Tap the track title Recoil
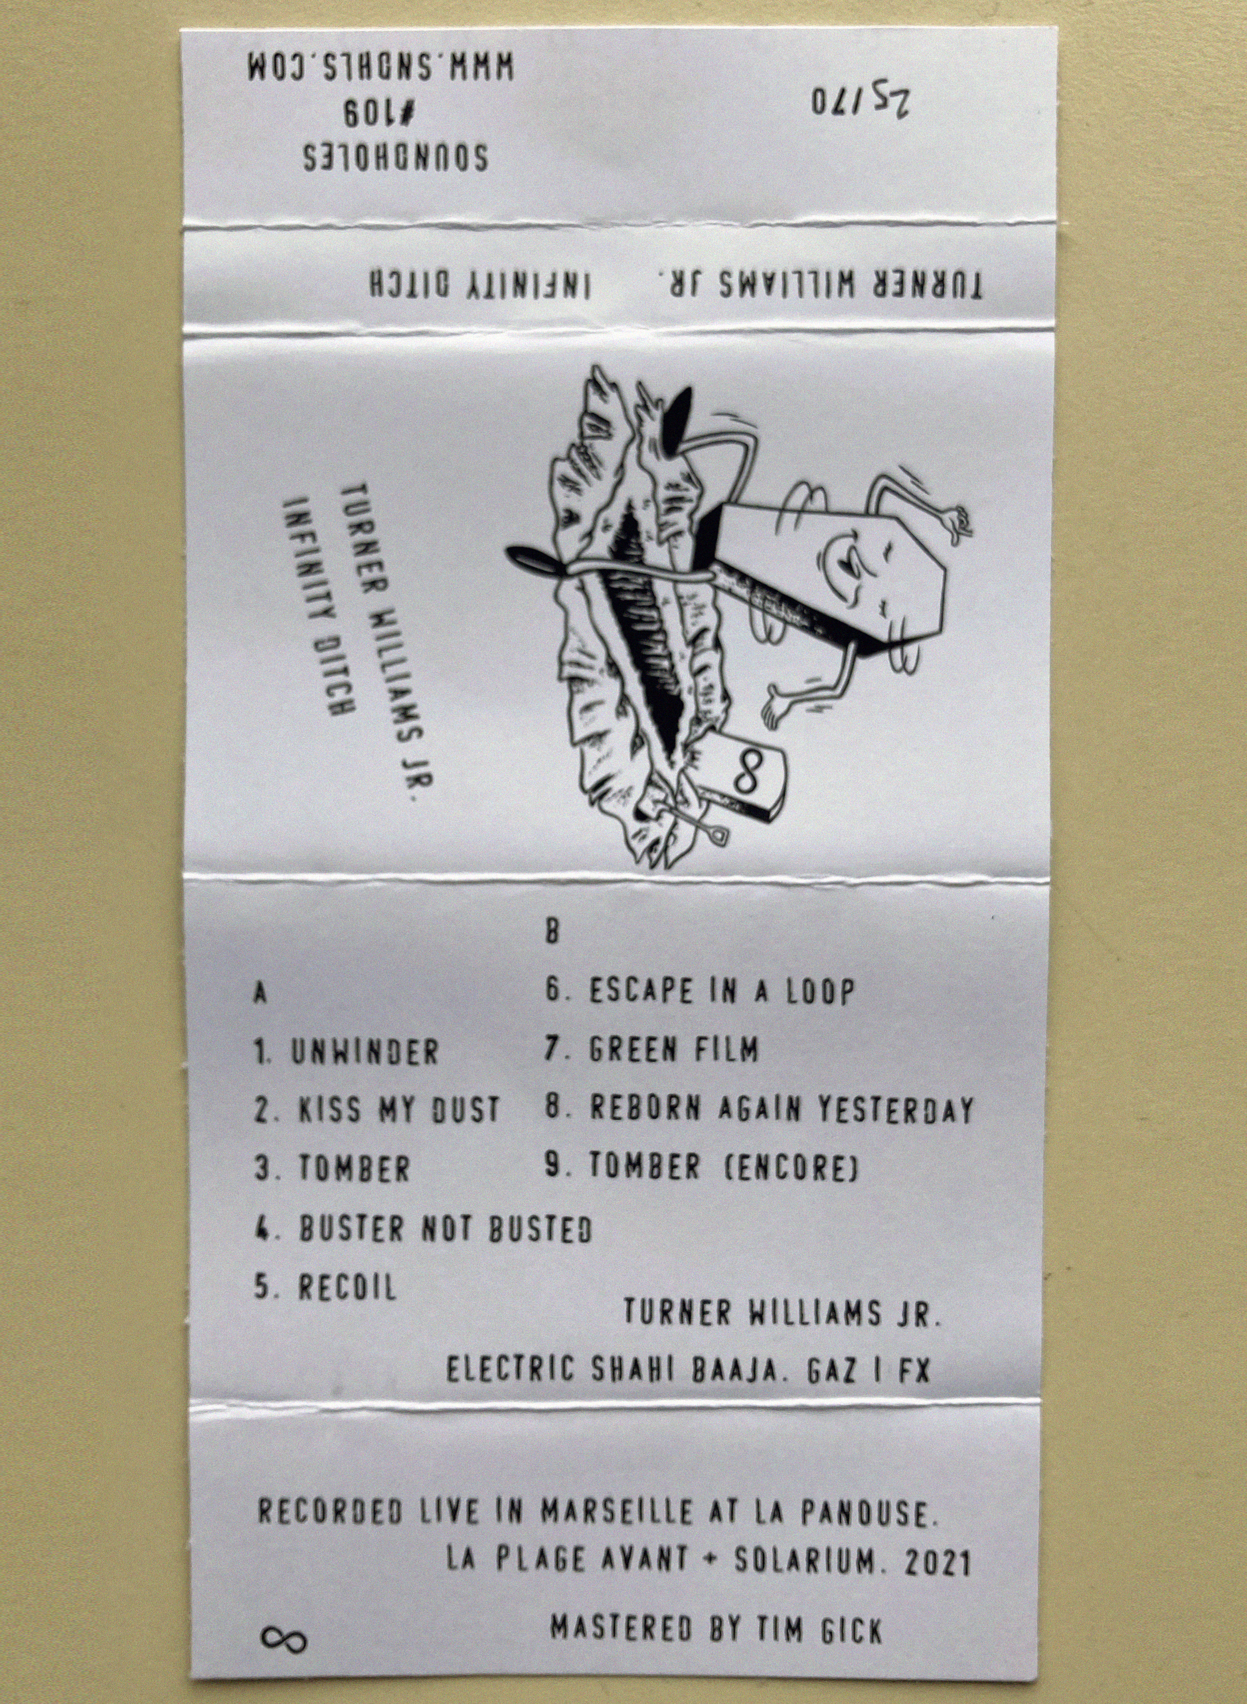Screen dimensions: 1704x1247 347,1288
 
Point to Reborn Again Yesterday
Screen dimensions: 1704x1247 782,1110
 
